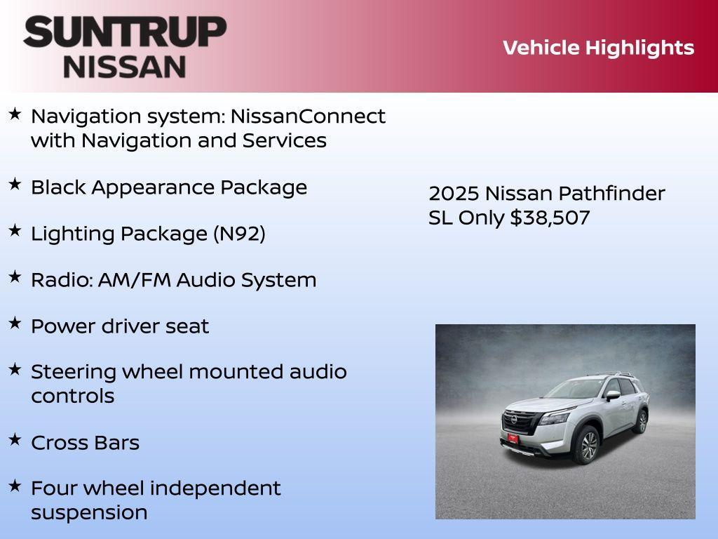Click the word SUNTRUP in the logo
(125, 32)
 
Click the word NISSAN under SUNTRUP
(125, 67)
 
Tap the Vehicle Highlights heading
(598, 48)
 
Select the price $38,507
(550, 218)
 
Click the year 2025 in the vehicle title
(453, 194)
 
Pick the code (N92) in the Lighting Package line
(239, 234)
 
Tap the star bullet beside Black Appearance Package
(15, 185)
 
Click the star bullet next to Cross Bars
(15, 440)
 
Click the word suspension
(89, 512)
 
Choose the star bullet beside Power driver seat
(15, 324)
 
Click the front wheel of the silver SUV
(588, 446)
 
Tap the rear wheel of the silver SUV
(641, 421)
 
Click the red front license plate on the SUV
(513, 438)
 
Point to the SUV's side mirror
(613, 396)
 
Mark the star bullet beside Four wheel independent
(15, 486)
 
